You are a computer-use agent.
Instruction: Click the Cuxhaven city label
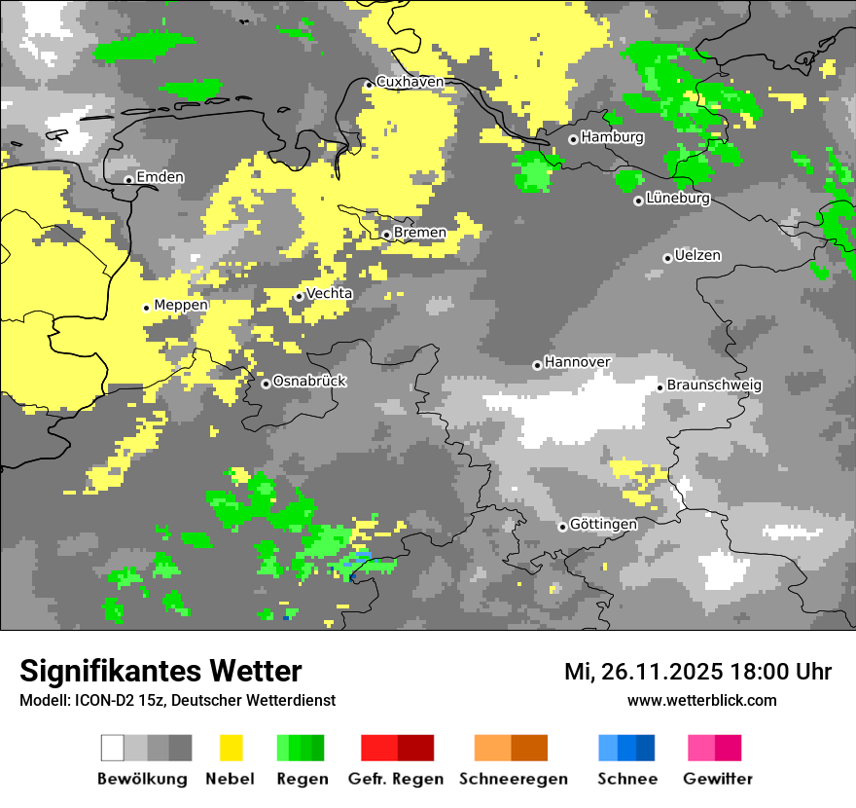pyautogui.click(x=410, y=82)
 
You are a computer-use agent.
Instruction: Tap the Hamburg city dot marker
pyautogui.click(x=574, y=139)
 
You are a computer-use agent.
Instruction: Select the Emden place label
pyautogui.click(x=160, y=177)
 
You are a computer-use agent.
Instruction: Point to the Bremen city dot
pyautogui.click(x=386, y=235)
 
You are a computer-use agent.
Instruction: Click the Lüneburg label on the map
pyautogui.click(x=678, y=199)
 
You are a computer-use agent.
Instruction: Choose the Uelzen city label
pyautogui.click(x=697, y=256)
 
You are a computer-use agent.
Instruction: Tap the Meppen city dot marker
pyautogui.click(x=147, y=308)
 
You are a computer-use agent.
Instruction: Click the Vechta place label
pyautogui.click(x=330, y=293)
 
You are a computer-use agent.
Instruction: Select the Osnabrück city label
pyautogui.click(x=309, y=382)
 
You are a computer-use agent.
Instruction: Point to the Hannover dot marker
pyautogui.click(x=537, y=365)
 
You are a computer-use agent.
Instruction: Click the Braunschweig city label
pyautogui.click(x=714, y=386)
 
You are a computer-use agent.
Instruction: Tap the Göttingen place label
pyautogui.click(x=603, y=525)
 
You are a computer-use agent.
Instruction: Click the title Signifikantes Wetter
pyautogui.click(x=160, y=671)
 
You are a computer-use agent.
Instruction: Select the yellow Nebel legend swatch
pyautogui.click(x=231, y=748)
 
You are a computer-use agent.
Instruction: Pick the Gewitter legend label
pyautogui.click(x=718, y=779)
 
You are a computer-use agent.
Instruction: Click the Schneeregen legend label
pyautogui.click(x=512, y=779)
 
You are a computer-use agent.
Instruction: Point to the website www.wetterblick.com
pyautogui.click(x=702, y=700)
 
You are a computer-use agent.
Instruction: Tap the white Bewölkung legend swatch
pyautogui.click(x=113, y=748)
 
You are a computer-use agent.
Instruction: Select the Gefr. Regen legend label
pyautogui.click(x=396, y=779)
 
